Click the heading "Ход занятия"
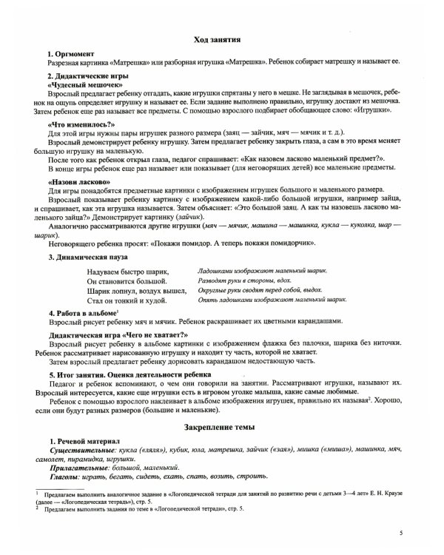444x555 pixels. click(x=222, y=39)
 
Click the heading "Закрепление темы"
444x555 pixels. click(x=222, y=426)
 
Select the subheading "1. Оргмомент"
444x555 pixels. click(x=70, y=55)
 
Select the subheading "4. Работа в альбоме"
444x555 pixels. click(x=81, y=314)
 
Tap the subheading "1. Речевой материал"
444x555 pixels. click(x=78, y=441)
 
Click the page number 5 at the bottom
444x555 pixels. click(x=400, y=532)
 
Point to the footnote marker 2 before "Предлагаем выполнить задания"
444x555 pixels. click(x=37, y=509)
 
